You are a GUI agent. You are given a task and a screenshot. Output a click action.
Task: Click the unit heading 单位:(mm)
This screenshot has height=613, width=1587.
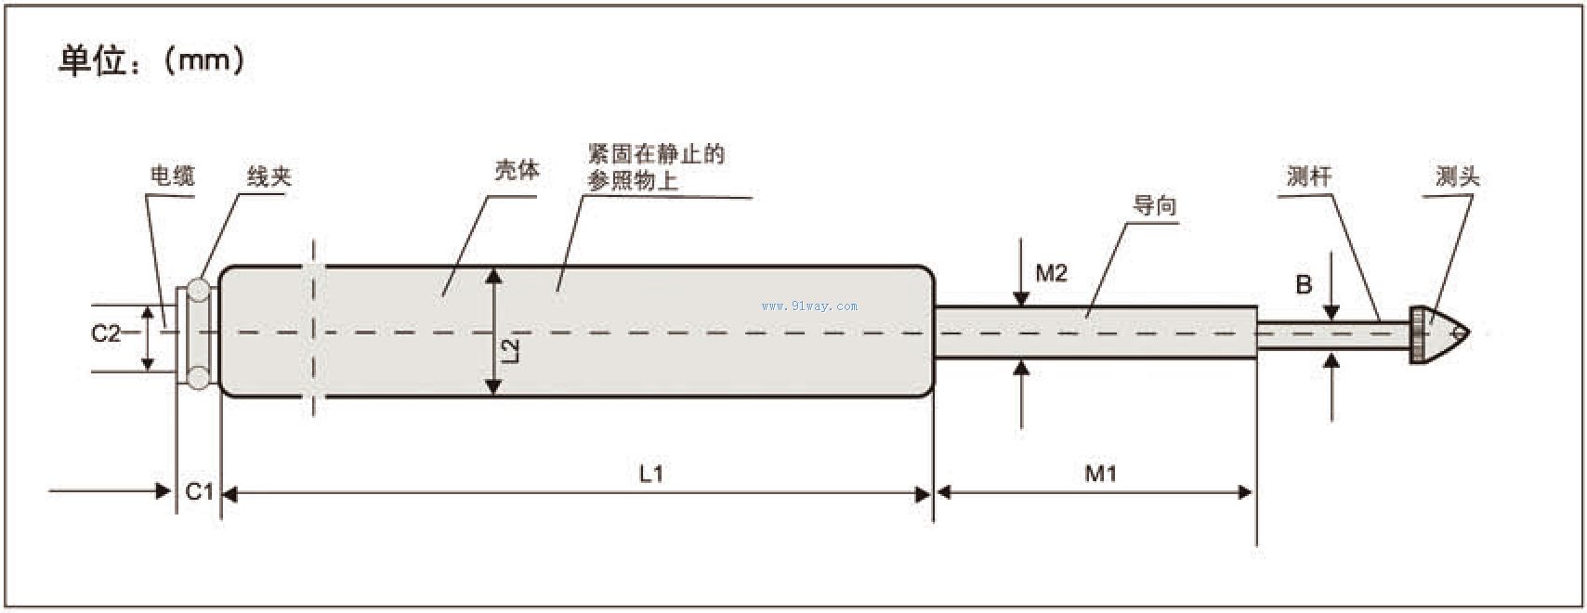(x=151, y=61)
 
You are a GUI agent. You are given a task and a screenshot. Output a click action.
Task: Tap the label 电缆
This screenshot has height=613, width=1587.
(x=172, y=176)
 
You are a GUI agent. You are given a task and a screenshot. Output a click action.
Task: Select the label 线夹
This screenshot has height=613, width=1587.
(x=269, y=176)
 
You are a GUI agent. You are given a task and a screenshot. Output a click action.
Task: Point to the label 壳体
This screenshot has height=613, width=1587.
(x=517, y=170)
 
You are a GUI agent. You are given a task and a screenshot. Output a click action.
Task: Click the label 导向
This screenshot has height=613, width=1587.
(x=1154, y=205)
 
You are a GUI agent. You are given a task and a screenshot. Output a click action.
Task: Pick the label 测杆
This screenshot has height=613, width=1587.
(x=1309, y=176)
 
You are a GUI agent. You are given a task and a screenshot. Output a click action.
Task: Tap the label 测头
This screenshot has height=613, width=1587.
(x=1457, y=176)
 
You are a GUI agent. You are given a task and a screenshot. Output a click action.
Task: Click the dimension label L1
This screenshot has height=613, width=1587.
(x=650, y=474)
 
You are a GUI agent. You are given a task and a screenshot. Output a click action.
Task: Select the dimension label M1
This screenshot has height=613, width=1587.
(x=1101, y=474)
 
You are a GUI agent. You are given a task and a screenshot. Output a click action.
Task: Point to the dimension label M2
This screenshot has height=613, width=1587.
(x=1051, y=273)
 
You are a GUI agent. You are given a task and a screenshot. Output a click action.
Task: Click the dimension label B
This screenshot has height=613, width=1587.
(x=1304, y=285)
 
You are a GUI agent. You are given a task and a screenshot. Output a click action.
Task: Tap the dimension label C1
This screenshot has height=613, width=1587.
(x=200, y=491)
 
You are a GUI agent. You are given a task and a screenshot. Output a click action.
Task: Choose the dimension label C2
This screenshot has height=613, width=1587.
(x=106, y=333)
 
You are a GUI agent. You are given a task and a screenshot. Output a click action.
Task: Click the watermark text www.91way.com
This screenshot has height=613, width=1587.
(x=809, y=306)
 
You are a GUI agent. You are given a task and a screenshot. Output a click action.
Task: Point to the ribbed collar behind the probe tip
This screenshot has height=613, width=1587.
(x=1417, y=334)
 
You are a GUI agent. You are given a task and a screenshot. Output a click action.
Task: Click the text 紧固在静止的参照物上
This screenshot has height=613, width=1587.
(x=655, y=167)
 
